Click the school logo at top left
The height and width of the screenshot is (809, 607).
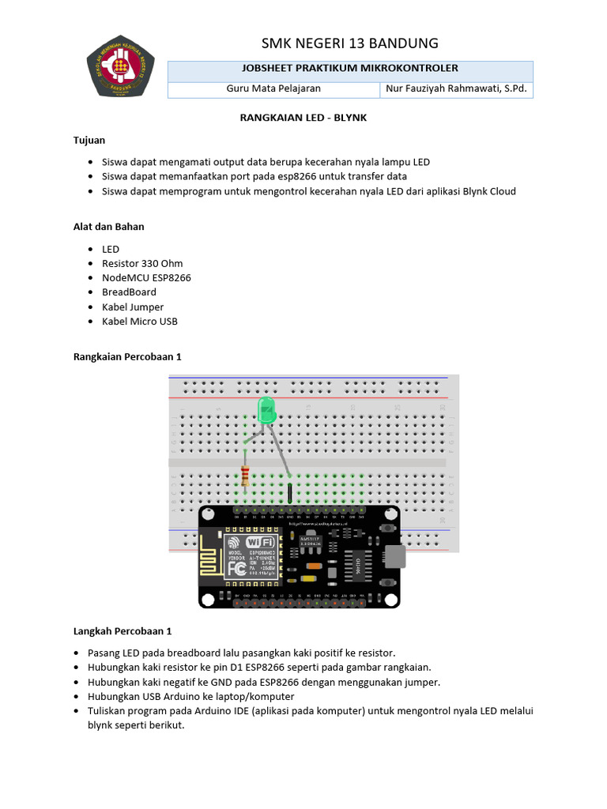(x=120, y=66)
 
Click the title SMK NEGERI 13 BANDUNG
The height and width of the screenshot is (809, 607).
(x=349, y=43)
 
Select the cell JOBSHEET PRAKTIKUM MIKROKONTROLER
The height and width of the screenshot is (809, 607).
(x=349, y=70)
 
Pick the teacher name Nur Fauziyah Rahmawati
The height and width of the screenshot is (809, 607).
(x=455, y=89)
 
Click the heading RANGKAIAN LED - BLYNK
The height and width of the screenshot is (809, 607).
(x=303, y=118)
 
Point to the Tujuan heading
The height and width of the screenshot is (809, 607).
(x=89, y=140)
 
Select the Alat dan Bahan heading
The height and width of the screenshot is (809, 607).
(x=109, y=227)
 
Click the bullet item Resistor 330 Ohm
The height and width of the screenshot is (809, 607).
(x=142, y=263)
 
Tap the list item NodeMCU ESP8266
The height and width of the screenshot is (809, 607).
(x=146, y=278)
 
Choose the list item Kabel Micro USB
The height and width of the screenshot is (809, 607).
(x=140, y=322)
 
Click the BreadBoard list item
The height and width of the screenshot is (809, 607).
(x=129, y=292)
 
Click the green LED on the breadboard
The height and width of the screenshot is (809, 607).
(x=267, y=410)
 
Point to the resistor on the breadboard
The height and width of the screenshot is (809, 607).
(x=245, y=476)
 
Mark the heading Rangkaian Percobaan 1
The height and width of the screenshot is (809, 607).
(x=127, y=357)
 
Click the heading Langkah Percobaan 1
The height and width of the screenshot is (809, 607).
(x=123, y=631)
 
